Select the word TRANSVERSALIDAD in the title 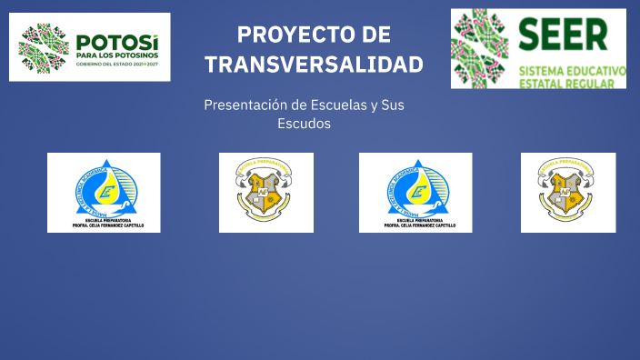314,65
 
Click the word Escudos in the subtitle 304,123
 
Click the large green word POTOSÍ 117,42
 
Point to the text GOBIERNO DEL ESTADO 104,65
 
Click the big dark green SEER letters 564,35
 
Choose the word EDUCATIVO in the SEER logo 599,70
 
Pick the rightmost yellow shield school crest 567,188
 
